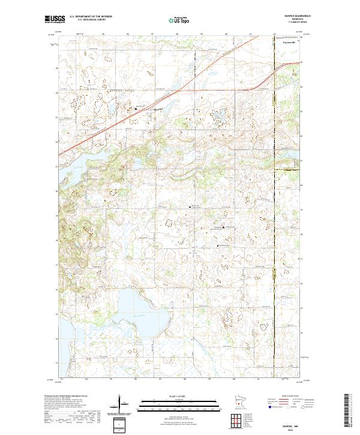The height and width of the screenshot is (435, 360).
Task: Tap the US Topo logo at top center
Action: tap(180, 20)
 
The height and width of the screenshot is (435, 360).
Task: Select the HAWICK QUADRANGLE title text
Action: tap(290, 17)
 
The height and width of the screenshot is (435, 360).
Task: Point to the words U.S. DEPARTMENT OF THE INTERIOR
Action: tap(91, 17)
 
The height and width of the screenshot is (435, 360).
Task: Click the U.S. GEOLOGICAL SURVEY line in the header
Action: tap(91, 20)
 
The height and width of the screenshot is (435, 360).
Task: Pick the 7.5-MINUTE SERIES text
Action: tap(290, 23)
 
